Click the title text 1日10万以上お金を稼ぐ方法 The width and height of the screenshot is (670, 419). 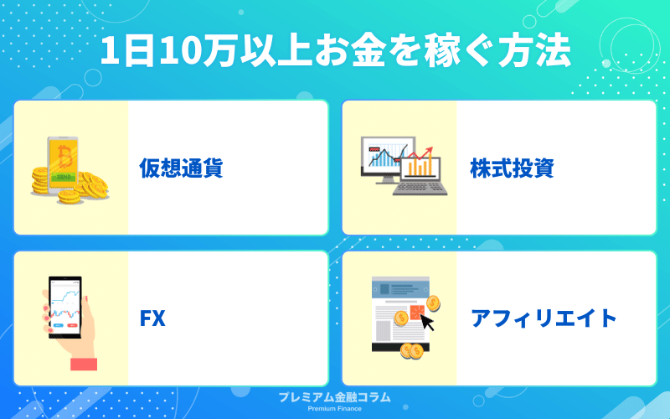click(336, 51)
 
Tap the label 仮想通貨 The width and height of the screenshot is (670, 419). click(181, 168)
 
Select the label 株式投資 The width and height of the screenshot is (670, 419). click(512, 168)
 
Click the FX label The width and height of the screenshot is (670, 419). click(152, 318)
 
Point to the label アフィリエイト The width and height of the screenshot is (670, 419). click(544, 318)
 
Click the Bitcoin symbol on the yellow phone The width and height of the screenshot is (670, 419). click(65, 157)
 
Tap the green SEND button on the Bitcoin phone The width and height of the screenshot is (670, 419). click(64, 177)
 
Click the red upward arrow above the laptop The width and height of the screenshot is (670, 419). click(421, 153)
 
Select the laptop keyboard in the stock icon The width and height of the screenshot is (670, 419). click(420, 188)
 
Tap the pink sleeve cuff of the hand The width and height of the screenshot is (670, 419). click(83, 364)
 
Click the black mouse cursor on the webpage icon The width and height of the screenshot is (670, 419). click(427, 323)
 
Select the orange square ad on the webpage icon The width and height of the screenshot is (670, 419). click(417, 312)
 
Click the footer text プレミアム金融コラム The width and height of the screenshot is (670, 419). click(334, 397)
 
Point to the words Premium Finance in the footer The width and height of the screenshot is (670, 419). click(334, 409)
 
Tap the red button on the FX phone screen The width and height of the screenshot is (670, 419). click(73, 326)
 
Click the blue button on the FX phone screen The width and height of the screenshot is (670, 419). click(58, 326)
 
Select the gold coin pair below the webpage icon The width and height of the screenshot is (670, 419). click(412, 351)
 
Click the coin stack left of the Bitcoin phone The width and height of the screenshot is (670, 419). click(40, 180)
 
